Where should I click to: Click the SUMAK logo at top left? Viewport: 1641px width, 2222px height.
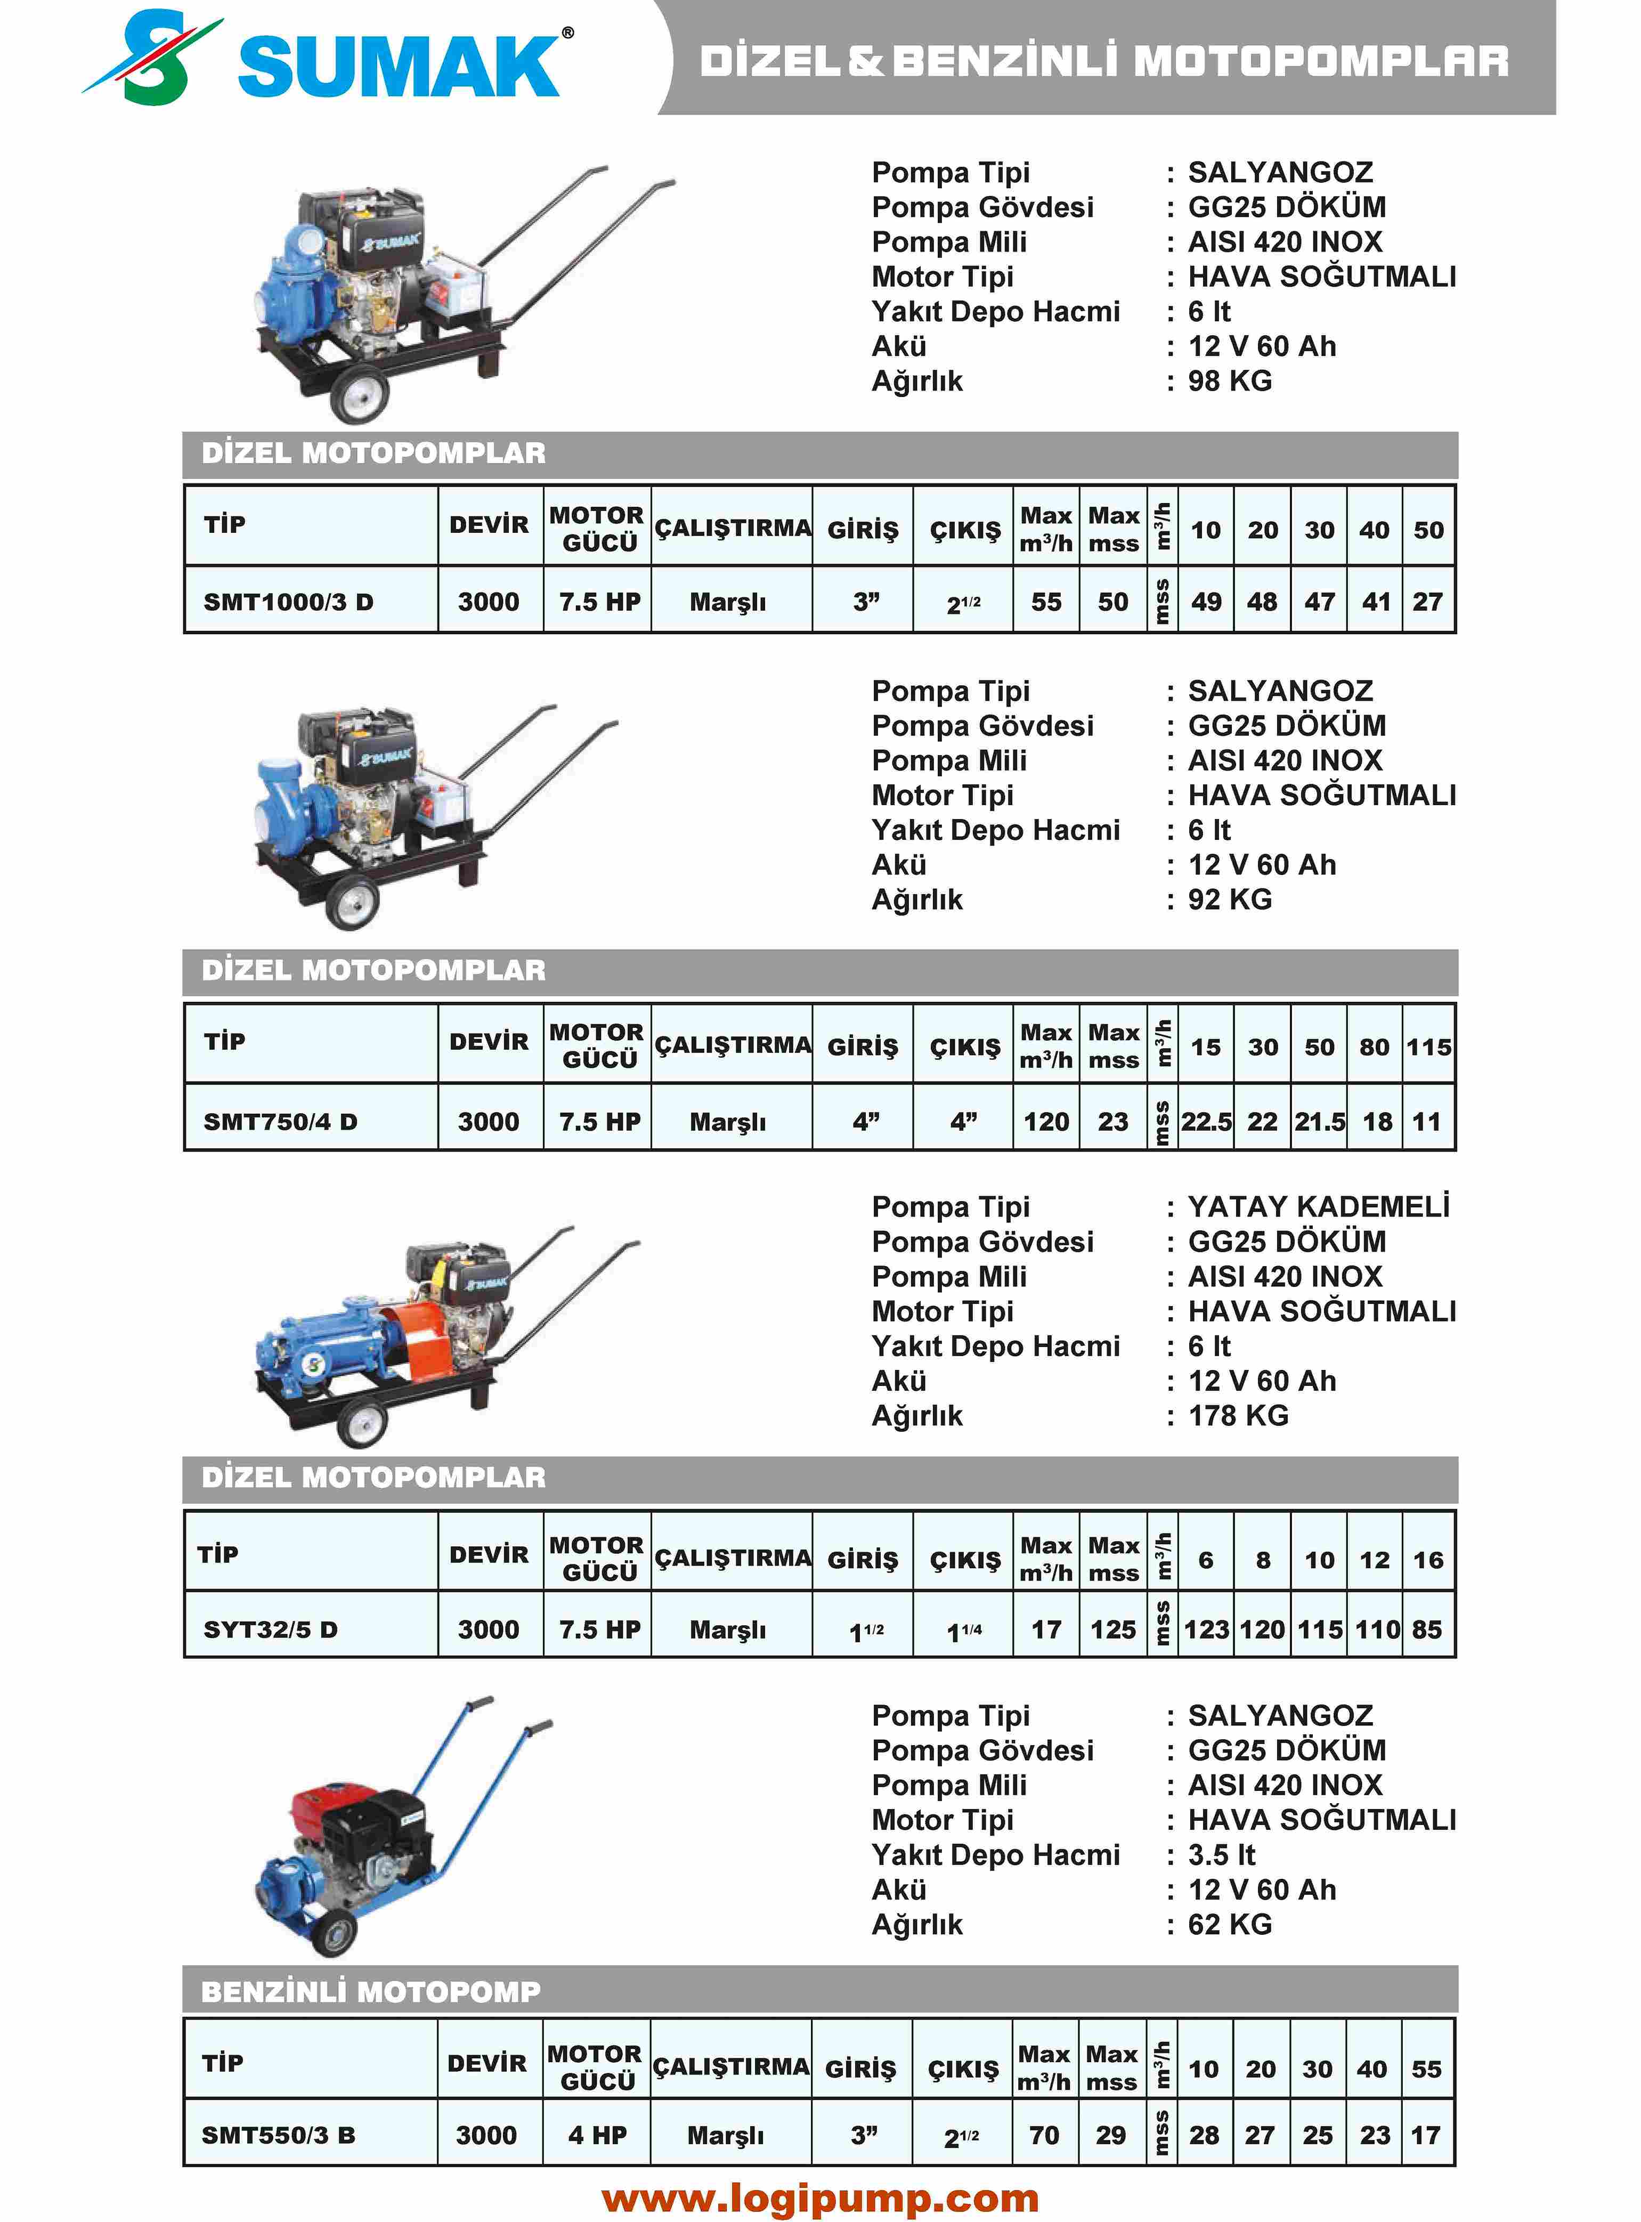pos(328,60)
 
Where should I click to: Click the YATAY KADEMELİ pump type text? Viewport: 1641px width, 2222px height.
pos(1318,1207)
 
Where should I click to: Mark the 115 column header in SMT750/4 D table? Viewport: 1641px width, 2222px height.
pos(1428,1047)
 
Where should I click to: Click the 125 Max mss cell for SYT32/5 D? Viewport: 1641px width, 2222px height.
pos(1112,1630)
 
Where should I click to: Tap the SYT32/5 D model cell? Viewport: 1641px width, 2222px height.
pos(270,1630)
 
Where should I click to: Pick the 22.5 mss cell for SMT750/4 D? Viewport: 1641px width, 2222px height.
pos(1206,1122)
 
